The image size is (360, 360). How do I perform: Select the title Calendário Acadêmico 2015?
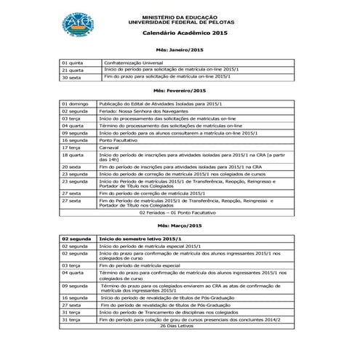tap(185, 33)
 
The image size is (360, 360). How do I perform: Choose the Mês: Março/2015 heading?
tap(179, 226)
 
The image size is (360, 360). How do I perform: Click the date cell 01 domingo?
tap(76, 104)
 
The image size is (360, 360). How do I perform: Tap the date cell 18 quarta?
tap(74, 155)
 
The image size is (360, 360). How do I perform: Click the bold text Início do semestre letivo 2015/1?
tap(140, 239)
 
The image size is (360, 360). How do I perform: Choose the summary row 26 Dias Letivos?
tap(179, 325)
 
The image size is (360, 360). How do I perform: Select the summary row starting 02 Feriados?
tap(179, 213)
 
